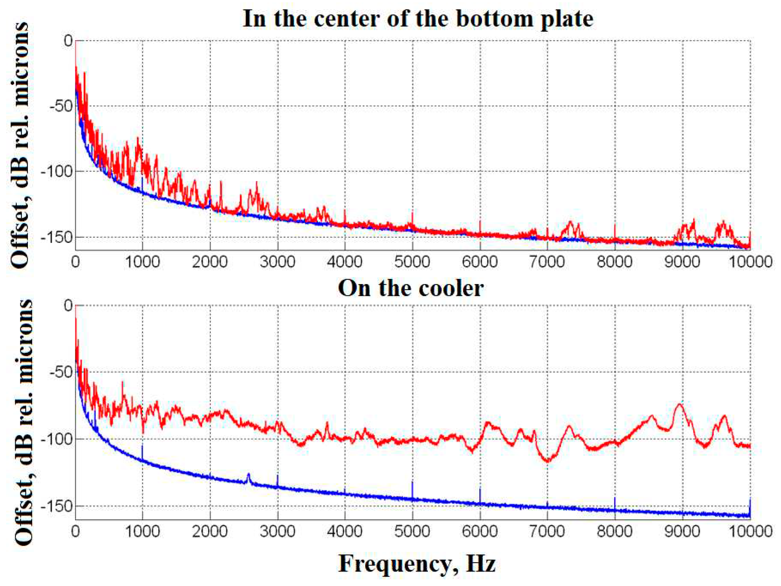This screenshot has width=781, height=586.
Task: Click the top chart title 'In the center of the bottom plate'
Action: pos(418,18)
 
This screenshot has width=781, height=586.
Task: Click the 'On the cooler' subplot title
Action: pos(411,288)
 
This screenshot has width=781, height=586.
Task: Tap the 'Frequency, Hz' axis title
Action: pos(417,564)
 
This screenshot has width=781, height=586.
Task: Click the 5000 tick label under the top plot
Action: pos(412,262)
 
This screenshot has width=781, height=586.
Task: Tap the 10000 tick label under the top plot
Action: pos(750,262)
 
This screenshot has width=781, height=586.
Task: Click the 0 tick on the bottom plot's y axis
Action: pos(68,306)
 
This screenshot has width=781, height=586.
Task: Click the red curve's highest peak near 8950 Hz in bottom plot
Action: pos(680,405)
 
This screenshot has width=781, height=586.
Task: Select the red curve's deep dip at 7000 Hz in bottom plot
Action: pos(548,461)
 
